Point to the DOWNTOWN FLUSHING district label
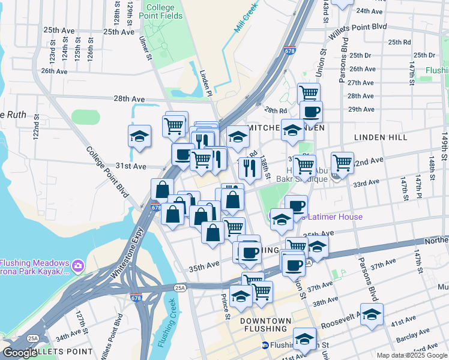tap(264, 325)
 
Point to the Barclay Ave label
tap(412, 332)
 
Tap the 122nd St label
tap(37, 125)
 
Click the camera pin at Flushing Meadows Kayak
tap(77, 265)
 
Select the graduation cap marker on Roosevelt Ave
tap(372, 314)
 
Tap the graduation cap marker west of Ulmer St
tap(139, 136)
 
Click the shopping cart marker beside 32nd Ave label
tap(342, 161)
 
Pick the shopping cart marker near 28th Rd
tap(309, 94)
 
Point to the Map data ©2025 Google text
tap(411, 355)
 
